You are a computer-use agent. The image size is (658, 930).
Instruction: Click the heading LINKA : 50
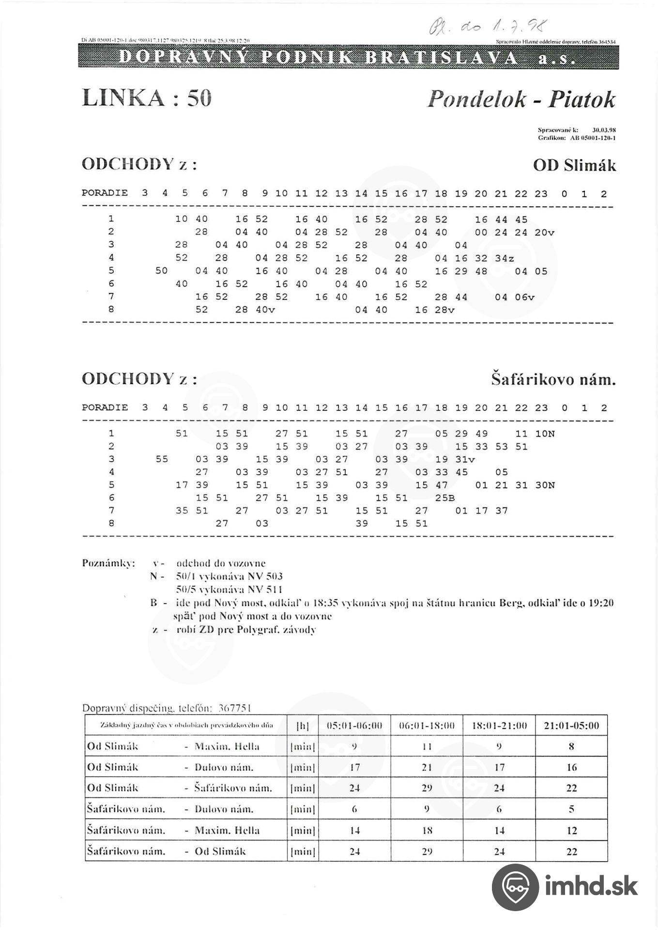click(147, 98)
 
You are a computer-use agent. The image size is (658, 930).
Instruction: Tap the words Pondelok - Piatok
click(521, 99)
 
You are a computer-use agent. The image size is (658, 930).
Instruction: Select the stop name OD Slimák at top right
click(574, 166)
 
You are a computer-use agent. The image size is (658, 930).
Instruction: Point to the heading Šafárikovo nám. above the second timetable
click(553, 379)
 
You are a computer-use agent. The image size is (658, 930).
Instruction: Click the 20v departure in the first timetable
click(544, 232)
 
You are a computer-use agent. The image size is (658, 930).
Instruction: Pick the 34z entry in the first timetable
click(505, 259)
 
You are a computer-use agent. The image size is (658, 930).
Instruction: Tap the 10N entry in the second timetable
click(544, 434)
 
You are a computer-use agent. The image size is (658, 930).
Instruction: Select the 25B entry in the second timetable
click(444, 498)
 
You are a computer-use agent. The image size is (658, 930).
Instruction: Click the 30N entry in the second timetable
click(544, 485)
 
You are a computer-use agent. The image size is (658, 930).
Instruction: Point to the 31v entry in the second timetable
click(465, 460)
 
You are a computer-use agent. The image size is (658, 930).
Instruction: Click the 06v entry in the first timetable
click(524, 297)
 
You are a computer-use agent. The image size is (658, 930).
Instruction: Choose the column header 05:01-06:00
click(354, 726)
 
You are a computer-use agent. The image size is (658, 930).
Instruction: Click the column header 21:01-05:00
click(571, 726)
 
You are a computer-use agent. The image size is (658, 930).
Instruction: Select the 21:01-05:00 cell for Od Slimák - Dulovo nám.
click(571, 767)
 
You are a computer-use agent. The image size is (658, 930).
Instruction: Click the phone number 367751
click(235, 708)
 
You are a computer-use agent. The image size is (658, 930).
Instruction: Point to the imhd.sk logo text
click(591, 886)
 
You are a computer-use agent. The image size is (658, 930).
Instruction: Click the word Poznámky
click(108, 563)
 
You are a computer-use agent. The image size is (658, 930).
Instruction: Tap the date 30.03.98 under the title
click(604, 130)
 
